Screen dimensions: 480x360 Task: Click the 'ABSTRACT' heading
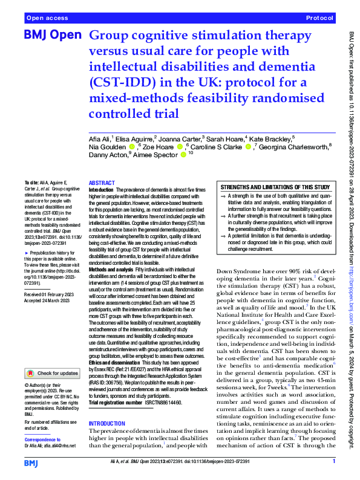(101, 183)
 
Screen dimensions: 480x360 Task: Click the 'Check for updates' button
(53, 356)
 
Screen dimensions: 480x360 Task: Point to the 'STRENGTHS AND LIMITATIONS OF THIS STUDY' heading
(275, 187)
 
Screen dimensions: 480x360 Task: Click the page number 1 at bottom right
(333, 462)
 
